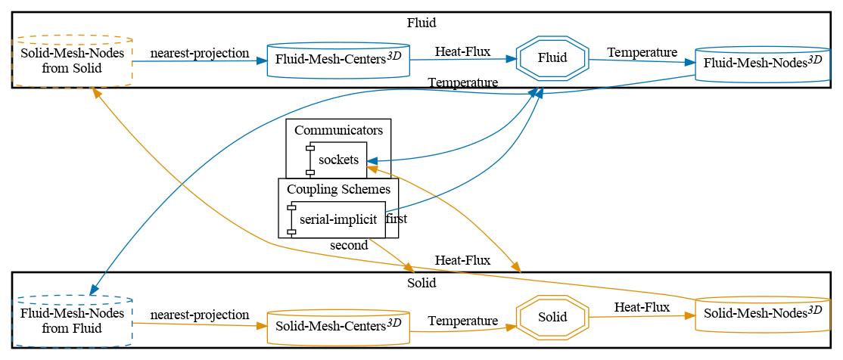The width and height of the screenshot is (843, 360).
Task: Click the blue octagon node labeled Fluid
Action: coord(552,58)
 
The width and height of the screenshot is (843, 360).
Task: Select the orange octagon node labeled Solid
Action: coord(552,317)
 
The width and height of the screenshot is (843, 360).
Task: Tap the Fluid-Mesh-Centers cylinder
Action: coord(338,59)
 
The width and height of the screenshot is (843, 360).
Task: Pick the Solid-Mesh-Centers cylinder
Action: coord(338,327)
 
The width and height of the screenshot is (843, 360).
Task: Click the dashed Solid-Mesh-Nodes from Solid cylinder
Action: coord(73,61)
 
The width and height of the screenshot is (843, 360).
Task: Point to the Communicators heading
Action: coord(338,130)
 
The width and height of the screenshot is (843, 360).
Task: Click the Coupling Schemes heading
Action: coord(338,189)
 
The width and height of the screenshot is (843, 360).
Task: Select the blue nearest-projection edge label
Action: coord(200,53)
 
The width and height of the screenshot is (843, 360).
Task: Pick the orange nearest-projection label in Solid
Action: coord(200,315)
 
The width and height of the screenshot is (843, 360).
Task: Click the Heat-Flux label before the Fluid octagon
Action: coord(462,52)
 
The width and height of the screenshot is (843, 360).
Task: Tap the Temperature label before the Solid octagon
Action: coord(462,321)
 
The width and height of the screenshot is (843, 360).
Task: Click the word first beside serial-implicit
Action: coord(397,219)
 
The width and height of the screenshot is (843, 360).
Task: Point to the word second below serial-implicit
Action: coord(349,245)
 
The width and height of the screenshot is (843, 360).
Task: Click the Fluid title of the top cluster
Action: coord(421,23)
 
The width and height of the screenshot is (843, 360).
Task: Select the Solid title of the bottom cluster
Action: coord(421,283)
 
